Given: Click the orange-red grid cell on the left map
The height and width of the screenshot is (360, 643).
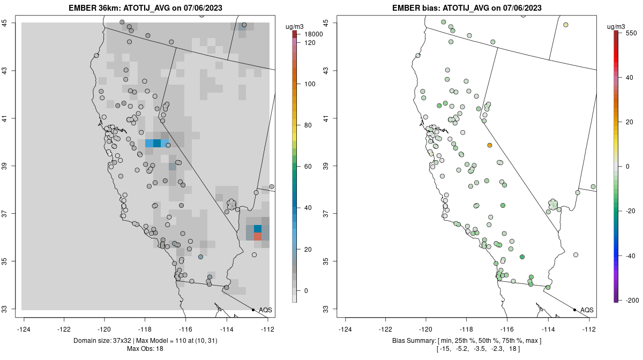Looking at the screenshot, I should pyautogui.click(x=258, y=236).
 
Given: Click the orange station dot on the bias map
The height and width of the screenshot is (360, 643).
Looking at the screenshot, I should pyautogui.click(x=490, y=145).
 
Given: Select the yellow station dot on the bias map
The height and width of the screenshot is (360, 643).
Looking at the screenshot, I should pyautogui.click(x=566, y=25).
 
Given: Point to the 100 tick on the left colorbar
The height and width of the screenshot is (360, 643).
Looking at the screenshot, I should pyautogui.click(x=310, y=84).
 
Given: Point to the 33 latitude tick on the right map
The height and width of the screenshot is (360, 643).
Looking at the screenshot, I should pyautogui.click(x=327, y=309).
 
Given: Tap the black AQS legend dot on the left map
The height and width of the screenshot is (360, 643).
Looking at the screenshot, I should pyautogui.click(x=253, y=310).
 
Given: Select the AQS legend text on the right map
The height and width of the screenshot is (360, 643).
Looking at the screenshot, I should pyautogui.click(x=587, y=310).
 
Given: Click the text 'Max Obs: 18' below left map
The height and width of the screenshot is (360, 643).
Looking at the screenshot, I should pyautogui.click(x=145, y=349).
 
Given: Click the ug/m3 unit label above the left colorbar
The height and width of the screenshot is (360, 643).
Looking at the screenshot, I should pyautogui.click(x=295, y=26).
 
